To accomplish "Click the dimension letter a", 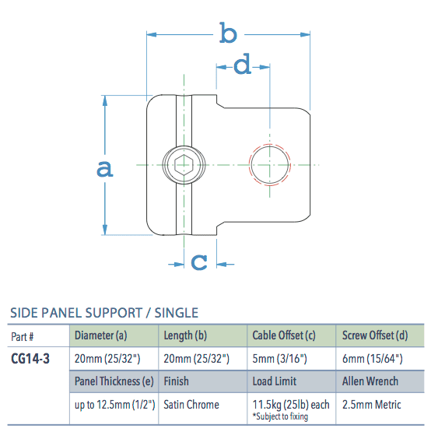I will (x=104, y=167).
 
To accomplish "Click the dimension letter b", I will (x=227, y=33).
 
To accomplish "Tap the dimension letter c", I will (x=199, y=262).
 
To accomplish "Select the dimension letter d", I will (x=243, y=66).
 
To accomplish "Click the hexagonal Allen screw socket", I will (x=184, y=164).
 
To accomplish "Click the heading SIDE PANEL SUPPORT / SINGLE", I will (x=103, y=313).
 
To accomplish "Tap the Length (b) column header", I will (x=185, y=336).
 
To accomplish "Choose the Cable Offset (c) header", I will (x=283, y=336).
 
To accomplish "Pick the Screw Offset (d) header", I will (x=375, y=336).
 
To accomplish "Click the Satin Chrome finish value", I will (x=191, y=405).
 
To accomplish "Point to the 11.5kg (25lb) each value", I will (x=291, y=404).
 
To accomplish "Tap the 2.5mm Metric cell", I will (x=372, y=405).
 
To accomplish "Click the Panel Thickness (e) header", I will (x=114, y=381).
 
